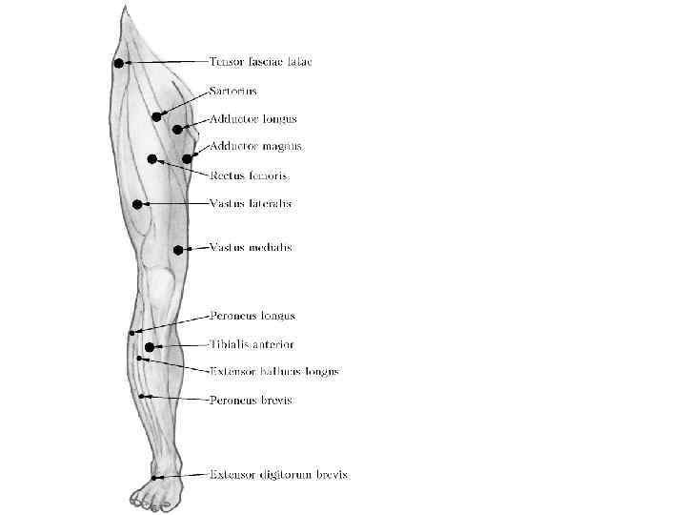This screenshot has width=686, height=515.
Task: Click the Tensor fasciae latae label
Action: tap(261, 62)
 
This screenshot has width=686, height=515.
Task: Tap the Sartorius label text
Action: tap(233, 92)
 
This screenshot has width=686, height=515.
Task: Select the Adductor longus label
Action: tap(253, 119)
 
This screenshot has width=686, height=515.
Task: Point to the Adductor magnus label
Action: tap(256, 147)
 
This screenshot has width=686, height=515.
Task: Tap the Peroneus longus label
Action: tap(252, 316)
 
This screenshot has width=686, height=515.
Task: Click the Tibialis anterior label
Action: tap(252, 344)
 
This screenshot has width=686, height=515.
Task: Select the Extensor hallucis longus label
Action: tap(273, 371)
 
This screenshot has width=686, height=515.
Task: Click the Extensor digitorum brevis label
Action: tap(278, 474)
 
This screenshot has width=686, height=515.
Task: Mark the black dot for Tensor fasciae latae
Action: tap(119, 63)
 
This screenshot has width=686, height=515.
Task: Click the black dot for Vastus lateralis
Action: tap(138, 204)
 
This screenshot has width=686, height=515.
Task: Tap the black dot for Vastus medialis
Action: tap(178, 250)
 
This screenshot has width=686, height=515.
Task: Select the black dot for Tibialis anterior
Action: tap(149, 347)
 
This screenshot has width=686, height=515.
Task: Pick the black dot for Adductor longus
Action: tap(177, 129)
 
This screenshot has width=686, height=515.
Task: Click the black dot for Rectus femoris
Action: tap(151, 159)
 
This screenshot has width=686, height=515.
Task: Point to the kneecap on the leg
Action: tap(161, 283)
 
